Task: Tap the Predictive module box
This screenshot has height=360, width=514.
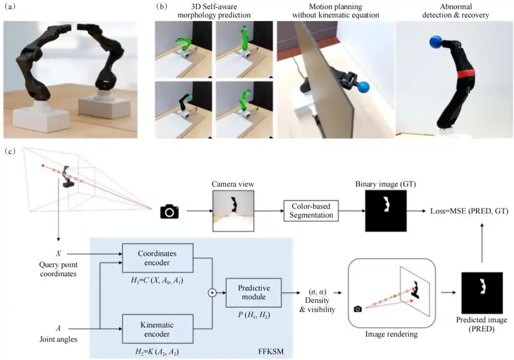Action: pyautogui.click(x=254, y=292)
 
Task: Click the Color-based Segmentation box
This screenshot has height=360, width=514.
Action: pyautogui.click(x=311, y=210)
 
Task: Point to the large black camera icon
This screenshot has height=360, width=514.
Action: pyautogui.click(x=169, y=211)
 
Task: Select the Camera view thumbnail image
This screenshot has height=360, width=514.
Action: pyautogui.click(x=233, y=210)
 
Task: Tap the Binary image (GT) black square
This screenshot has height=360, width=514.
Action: pyautogui.click(x=386, y=210)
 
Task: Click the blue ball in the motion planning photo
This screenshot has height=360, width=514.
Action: pyautogui.click(x=364, y=87)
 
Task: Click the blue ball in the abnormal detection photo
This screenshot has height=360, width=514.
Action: pyautogui.click(x=436, y=42)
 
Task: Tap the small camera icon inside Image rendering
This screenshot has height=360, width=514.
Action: pyautogui.click(x=358, y=309)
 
